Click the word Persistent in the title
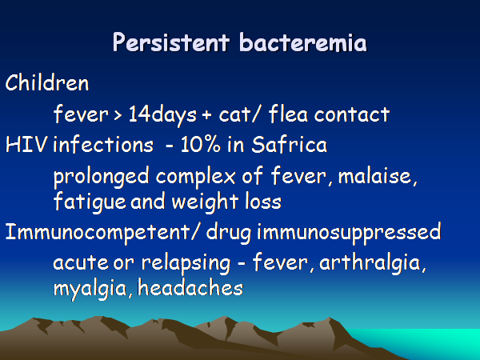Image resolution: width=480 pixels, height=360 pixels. coord(171,42)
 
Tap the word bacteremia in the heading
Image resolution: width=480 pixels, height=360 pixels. coord(302,42)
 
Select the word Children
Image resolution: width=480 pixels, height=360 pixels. coord(47,82)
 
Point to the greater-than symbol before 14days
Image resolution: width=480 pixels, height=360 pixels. coord(118,115)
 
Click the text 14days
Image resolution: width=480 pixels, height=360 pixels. coord(162,115)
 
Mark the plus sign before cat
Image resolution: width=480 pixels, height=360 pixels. coord(206,115)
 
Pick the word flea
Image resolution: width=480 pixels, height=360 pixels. coord(288,114)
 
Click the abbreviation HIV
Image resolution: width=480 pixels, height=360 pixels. coord(26,145)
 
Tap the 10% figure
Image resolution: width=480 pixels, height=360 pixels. coord(200,145)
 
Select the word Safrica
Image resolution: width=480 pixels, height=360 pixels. coord(289,144)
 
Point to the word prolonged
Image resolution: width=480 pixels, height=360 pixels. coord(101,178)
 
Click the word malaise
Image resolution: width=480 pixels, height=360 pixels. coord(377,176)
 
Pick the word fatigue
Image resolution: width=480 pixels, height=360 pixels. coord(90,202)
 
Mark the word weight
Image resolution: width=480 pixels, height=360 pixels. coord(205,202)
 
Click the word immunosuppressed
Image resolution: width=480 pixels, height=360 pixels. coord(349,233)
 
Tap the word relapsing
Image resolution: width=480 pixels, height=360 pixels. coord(186,264)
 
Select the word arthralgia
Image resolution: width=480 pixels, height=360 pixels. coord(372,263)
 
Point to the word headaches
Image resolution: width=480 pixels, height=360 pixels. coord(190,288)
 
